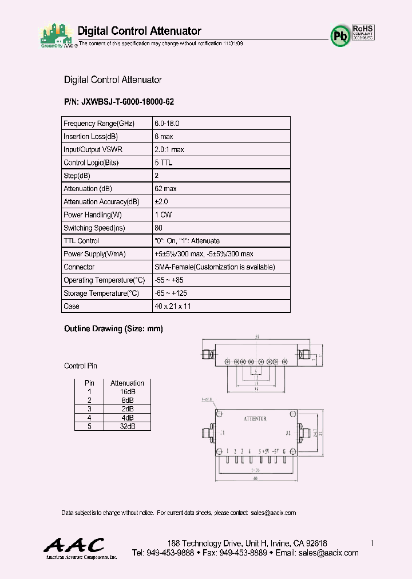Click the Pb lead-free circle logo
[x=340, y=35]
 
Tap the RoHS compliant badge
[x=363, y=31]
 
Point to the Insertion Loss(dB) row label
[x=90, y=137]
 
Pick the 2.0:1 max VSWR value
[x=169, y=150]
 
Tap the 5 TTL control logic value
[x=163, y=163]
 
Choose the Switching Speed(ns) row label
[x=94, y=228]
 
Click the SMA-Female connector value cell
[x=215, y=267]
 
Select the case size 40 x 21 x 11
[x=173, y=307]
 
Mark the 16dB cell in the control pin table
[x=127, y=392]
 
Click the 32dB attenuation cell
[x=127, y=426]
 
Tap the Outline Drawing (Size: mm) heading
[x=113, y=329]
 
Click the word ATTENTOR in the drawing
[x=255, y=419]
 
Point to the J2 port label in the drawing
[x=288, y=433]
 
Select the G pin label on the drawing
[x=284, y=451]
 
